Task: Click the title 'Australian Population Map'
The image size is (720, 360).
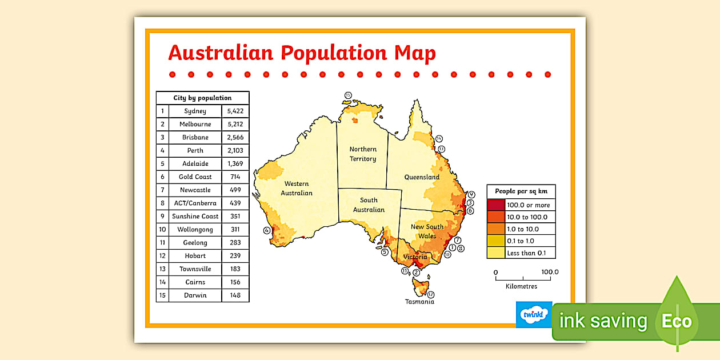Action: (302, 53)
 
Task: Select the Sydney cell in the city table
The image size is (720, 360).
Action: (195, 111)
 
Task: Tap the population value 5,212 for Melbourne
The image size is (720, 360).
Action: (235, 124)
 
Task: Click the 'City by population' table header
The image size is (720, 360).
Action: (202, 98)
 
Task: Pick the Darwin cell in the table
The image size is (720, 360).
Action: (195, 295)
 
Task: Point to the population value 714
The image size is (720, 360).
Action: (235, 177)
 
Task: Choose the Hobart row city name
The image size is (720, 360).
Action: (195, 256)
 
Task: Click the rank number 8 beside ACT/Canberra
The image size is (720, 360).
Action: (162, 203)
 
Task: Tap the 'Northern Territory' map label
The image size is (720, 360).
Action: (363, 154)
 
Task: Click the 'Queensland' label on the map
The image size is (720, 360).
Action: (422, 177)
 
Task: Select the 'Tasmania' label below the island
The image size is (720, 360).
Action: (419, 302)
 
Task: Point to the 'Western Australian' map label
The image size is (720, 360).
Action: (297, 188)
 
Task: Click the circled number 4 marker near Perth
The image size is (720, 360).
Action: (266, 231)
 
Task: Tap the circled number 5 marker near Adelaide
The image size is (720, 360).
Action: (385, 251)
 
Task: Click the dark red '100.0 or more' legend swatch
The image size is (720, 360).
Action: (496, 205)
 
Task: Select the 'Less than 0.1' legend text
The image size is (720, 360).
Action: (526, 253)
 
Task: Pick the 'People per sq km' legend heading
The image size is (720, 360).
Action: (521, 191)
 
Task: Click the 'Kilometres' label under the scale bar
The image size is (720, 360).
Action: (521, 286)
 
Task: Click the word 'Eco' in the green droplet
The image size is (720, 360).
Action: (677, 321)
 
